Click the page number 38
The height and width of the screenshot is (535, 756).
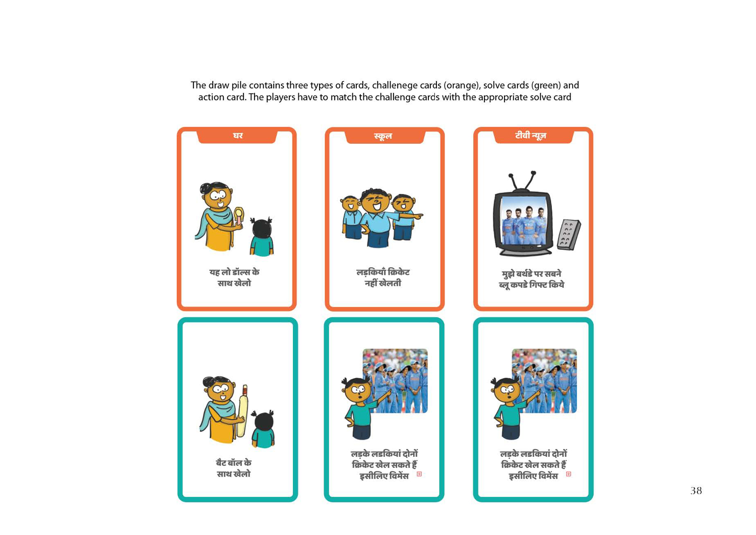pyautogui.click(x=696, y=491)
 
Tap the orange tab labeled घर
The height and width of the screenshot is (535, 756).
pyautogui.click(x=237, y=136)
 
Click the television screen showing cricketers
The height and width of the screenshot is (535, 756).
pyautogui.click(x=524, y=220)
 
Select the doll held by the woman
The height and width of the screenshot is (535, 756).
pyautogui.click(x=238, y=217)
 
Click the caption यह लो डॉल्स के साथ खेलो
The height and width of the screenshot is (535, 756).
pyautogui.click(x=234, y=278)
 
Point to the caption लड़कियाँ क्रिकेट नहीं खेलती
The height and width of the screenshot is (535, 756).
pyautogui.click(x=383, y=278)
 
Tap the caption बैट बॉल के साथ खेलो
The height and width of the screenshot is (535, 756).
pyautogui.click(x=233, y=468)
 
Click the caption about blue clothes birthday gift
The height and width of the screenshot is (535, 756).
pyautogui.click(x=532, y=279)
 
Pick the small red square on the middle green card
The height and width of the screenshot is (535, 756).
pyautogui.click(x=419, y=474)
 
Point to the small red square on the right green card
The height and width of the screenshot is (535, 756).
pyautogui.click(x=569, y=474)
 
